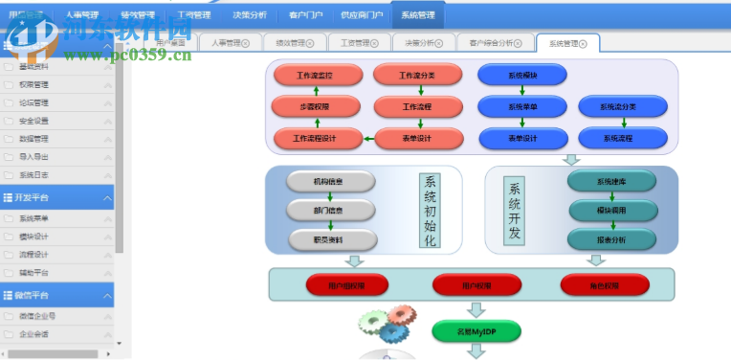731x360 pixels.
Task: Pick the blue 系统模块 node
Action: [522, 74]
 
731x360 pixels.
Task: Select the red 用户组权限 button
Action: [346, 284]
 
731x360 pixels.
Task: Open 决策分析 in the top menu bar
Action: [251, 15]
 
